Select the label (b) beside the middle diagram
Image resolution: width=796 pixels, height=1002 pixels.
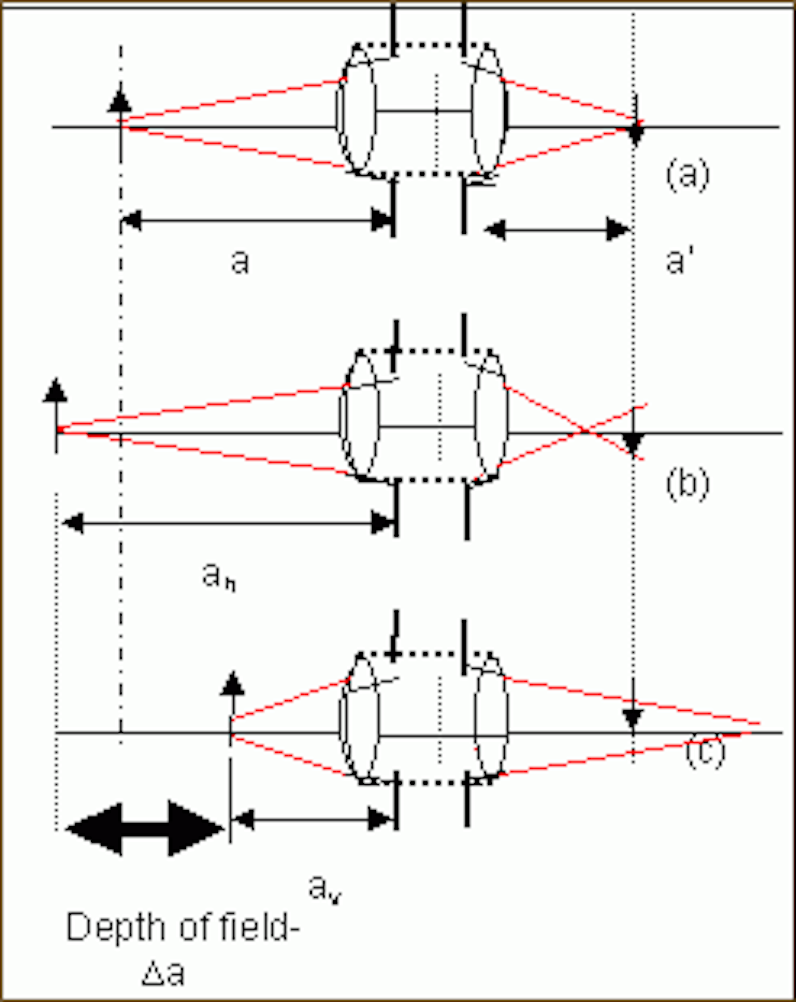coord(687,484)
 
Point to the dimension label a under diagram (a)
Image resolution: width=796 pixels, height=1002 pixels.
coord(239,261)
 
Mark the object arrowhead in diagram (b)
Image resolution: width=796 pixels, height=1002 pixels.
coord(55,390)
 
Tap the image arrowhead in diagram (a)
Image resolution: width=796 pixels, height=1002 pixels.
coord(636,134)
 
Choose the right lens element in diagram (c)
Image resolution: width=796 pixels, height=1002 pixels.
coord(491,718)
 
